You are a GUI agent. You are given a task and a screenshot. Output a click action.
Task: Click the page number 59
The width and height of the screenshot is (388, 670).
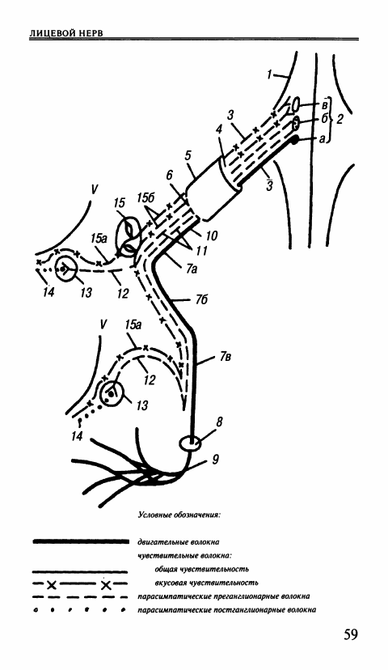pyautogui.click(x=350, y=634)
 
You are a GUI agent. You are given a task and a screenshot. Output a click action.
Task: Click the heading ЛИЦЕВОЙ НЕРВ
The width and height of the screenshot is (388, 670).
pyautogui.click(x=66, y=33)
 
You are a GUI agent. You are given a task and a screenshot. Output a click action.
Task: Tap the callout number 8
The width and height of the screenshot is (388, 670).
pyautogui.click(x=219, y=422)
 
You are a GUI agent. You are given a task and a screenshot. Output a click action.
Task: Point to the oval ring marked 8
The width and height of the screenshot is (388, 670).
pyautogui.click(x=190, y=443)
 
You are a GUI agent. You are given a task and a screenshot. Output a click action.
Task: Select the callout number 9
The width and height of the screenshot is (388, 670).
pyautogui.click(x=216, y=460)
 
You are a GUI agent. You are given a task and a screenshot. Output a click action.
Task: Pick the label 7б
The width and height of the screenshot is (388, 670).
pyautogui.click(x=201, y=300)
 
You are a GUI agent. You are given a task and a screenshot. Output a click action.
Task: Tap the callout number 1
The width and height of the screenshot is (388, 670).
pyautogui.click(x=269, y=74)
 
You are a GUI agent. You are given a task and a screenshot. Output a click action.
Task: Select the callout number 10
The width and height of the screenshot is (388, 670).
pyautogui.click(x=211, y=235)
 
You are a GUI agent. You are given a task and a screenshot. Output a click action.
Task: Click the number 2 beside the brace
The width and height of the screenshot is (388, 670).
pyautogui.click(x=339, y=119)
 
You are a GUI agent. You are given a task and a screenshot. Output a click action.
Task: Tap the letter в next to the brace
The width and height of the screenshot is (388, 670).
pyautogui.click(x=324, y=104)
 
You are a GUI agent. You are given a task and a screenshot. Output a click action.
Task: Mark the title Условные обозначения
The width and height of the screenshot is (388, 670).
pyautogui.click(x=179, y=515)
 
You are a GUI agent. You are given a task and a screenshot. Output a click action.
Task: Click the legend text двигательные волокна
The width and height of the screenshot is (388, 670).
pyautogui.click(x=179, y=542)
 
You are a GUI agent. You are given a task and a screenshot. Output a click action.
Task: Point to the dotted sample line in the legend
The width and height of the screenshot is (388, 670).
pyautogui.click(x=80, y=610)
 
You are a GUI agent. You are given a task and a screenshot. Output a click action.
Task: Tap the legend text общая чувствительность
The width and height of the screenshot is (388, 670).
pyautogui.click(x=202, y=569)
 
